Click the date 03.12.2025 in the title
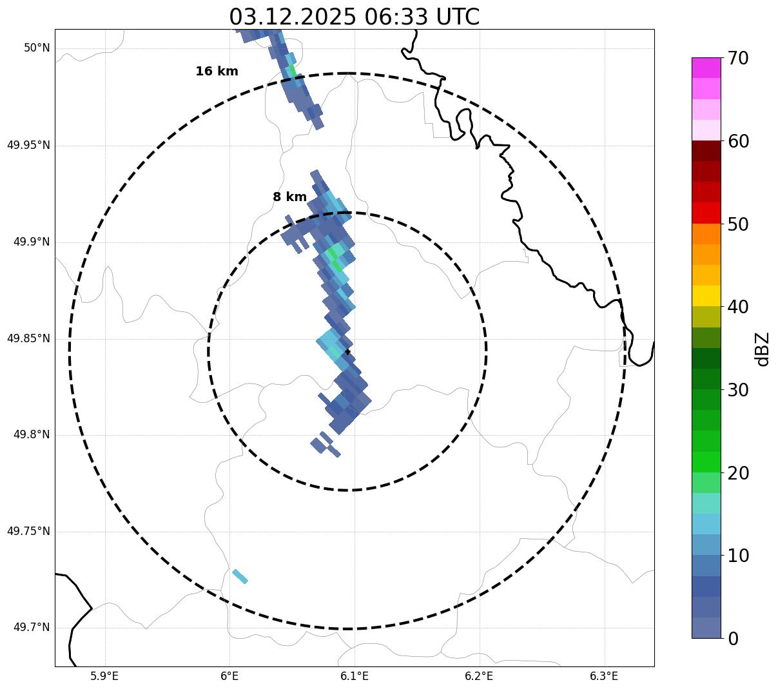[292, 17]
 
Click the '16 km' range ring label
[217, 72]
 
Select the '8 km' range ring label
[289, 197]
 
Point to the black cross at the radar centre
[348, 351]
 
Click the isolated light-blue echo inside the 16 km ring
[240, 576]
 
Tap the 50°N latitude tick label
[37, 48]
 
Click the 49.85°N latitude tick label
[28, 338]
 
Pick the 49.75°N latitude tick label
[28, 531]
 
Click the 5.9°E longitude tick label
[104, 676]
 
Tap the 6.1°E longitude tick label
[354, 676]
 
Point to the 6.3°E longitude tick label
[604, 676]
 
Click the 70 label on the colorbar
[737, 59]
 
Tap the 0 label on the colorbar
[733, 639]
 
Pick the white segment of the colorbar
[706, 130]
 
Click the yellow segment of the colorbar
[706, 296]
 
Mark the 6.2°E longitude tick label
[479, 676]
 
